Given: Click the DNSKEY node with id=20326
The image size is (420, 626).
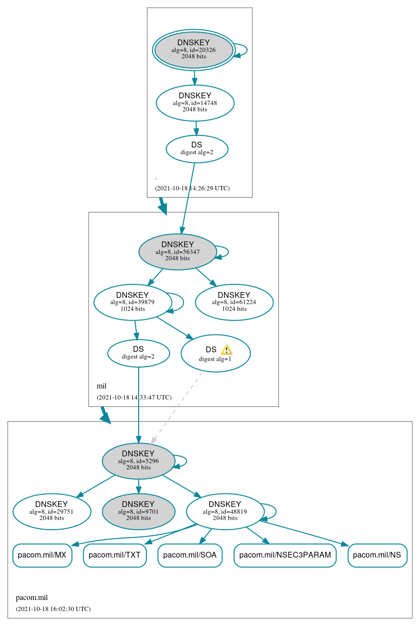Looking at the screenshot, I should coord(194,50).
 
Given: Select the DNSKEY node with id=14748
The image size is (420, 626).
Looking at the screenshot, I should coord(195,103).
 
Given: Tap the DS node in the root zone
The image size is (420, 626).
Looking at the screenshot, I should coord(197,148).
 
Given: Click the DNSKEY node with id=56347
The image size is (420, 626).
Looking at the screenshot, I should coord(177,252).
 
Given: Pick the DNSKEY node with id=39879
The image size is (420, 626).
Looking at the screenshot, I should coord(132,302).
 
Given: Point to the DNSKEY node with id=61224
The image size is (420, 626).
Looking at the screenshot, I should coord(234,302).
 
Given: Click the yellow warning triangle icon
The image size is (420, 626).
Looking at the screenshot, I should coord(226,350).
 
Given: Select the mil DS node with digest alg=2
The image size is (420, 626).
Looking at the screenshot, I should coord(138,353).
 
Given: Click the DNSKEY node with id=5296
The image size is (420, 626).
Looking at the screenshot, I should coord(138,461).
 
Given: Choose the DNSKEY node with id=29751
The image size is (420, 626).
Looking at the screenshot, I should coord(52,511).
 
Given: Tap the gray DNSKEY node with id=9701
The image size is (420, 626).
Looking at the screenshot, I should coord(138,511).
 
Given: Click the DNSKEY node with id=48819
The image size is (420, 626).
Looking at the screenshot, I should coord(225,511).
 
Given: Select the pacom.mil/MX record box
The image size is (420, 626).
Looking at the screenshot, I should coord(42,555).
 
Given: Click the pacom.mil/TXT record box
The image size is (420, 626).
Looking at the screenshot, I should coord(115,555).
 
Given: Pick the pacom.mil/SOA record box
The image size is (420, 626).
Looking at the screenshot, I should coord(190,555).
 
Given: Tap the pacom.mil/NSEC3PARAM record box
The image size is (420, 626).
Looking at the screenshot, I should coord(285,555).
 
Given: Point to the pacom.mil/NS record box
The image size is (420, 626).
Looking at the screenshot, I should coord(377,555).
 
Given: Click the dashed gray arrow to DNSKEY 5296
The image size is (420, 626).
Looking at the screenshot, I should coord(176,408).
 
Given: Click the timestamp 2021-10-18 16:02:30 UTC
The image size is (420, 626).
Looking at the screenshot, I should coord(53,609).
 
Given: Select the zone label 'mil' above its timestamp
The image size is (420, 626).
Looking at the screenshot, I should coord(102,386).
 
